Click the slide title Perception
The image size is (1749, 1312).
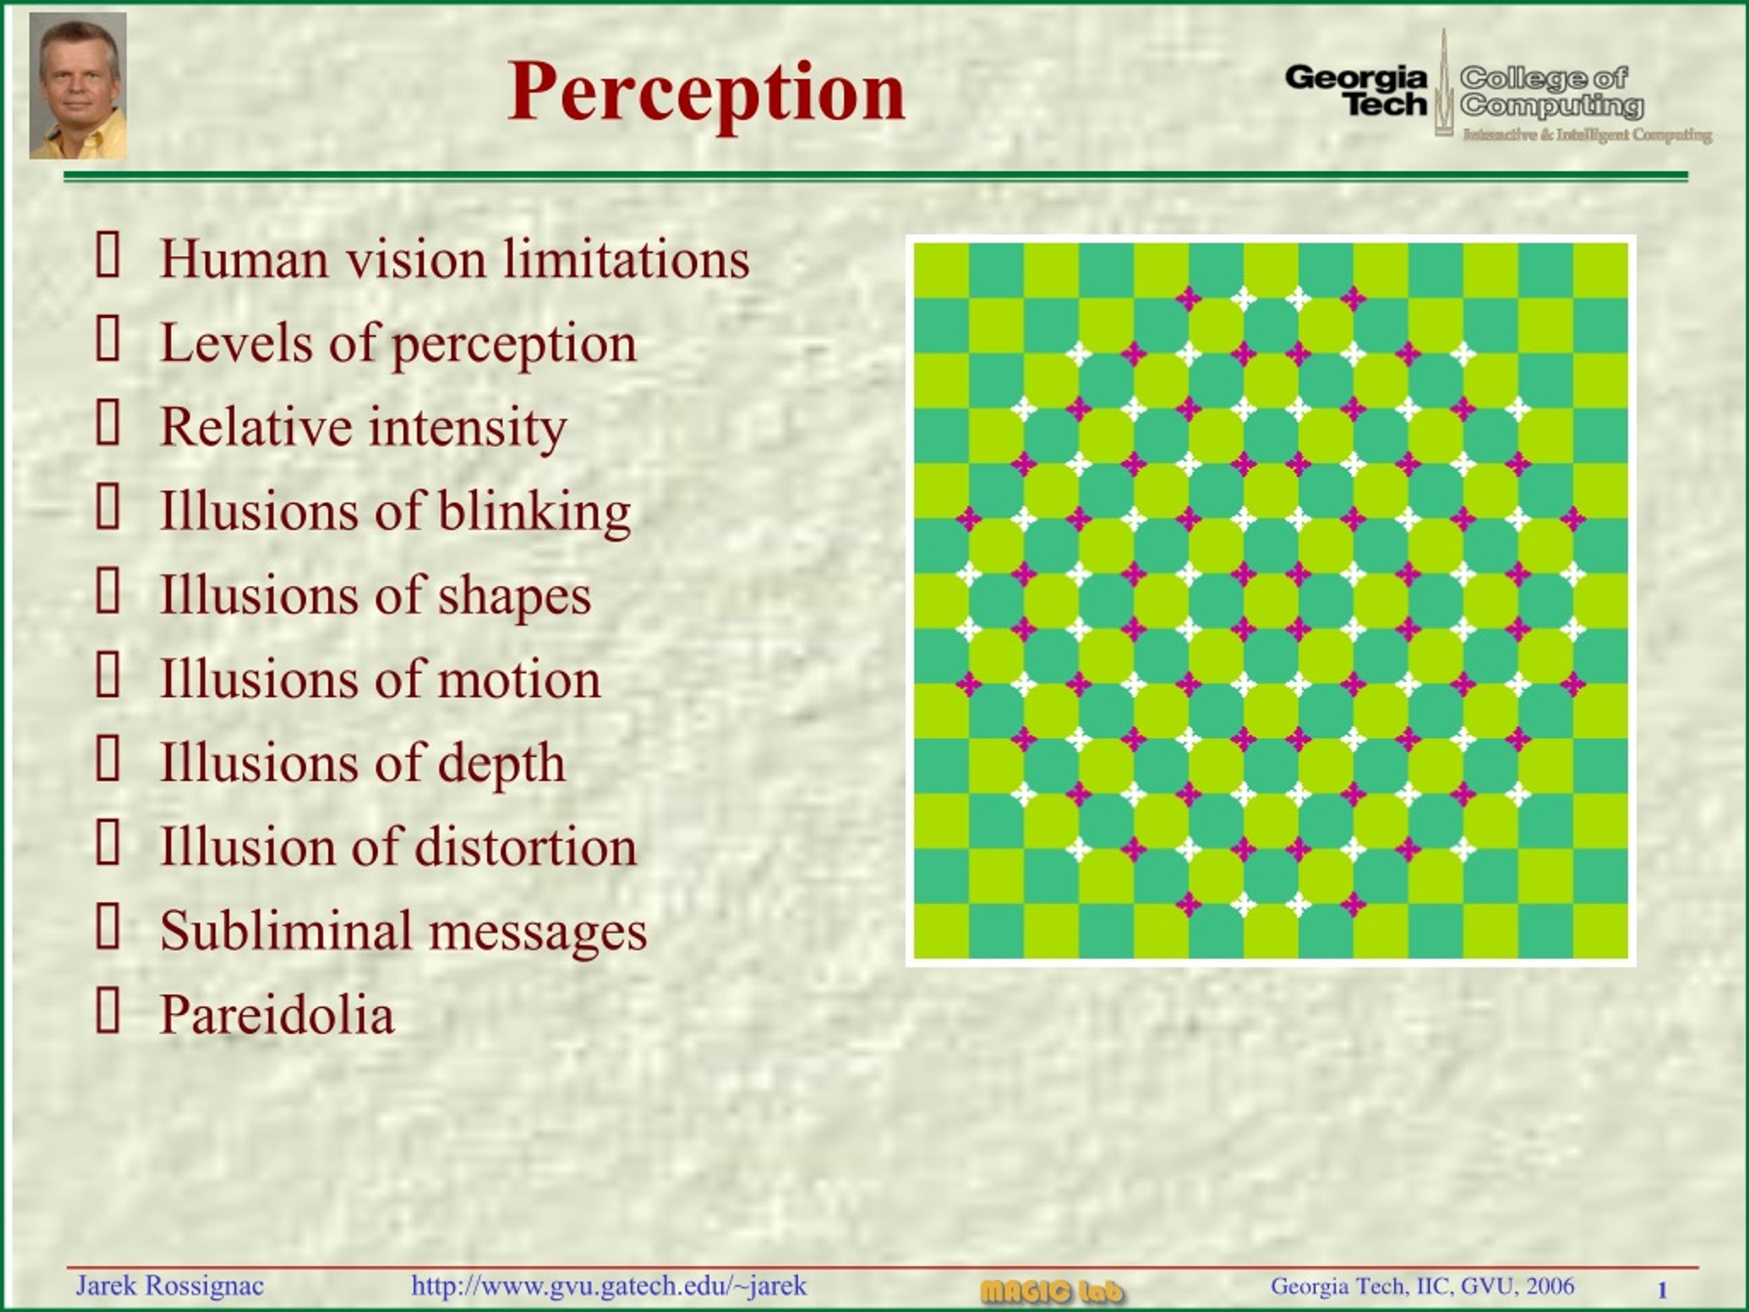pos(706,92)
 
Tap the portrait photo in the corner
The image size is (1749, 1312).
pos(77,85)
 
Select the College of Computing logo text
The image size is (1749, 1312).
pos(1550,91)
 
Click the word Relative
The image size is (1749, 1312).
pos(256,427)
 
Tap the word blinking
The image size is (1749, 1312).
pos(534,512)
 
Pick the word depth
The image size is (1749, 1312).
pos(501,764)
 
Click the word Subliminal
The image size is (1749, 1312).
pos(286,931)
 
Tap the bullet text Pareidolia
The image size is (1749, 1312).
pos(277,1015)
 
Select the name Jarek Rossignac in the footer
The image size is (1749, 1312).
pos(169,1286)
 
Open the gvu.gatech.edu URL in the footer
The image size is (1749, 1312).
pos(609,1286)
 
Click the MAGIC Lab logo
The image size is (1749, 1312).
pos(1051,1291)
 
